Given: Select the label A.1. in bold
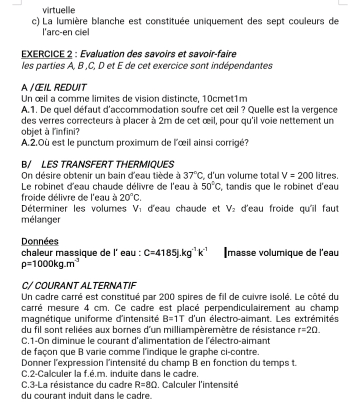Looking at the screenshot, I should coord(31,110).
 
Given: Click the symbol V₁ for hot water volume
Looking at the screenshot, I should coord(146,209).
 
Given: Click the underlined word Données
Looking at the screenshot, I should coord(40,241).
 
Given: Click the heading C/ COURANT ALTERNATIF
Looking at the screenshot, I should coord(79,286).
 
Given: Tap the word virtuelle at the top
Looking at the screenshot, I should coord(59,10).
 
